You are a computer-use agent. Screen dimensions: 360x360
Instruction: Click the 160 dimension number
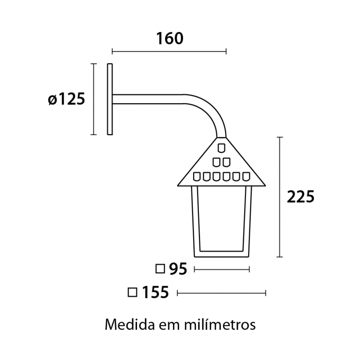point(170,38)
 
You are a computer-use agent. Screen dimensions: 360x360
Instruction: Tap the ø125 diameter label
point(66,99)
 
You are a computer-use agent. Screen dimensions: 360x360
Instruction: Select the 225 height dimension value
point(301,197)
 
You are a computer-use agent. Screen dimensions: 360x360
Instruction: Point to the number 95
point(178,269)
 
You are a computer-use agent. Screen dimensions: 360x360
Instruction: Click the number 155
point(155,292)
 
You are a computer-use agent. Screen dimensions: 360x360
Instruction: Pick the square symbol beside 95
point(160,269)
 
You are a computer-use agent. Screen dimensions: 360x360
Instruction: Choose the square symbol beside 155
point(133,292)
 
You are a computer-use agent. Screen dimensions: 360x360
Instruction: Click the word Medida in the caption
point(130,324)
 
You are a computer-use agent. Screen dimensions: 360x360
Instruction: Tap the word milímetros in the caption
point(220,324)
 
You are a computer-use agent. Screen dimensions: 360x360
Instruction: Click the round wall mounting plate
point(110,99)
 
